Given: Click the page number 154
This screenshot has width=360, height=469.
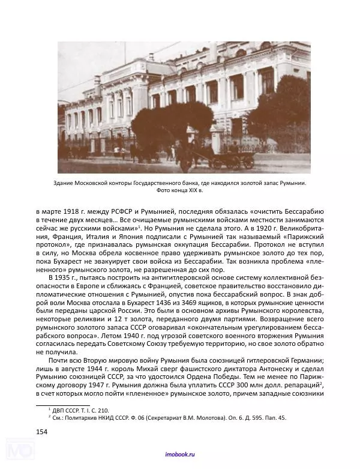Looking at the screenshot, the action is pos(42,432).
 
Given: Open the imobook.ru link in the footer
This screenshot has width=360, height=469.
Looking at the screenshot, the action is pos(180,456).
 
